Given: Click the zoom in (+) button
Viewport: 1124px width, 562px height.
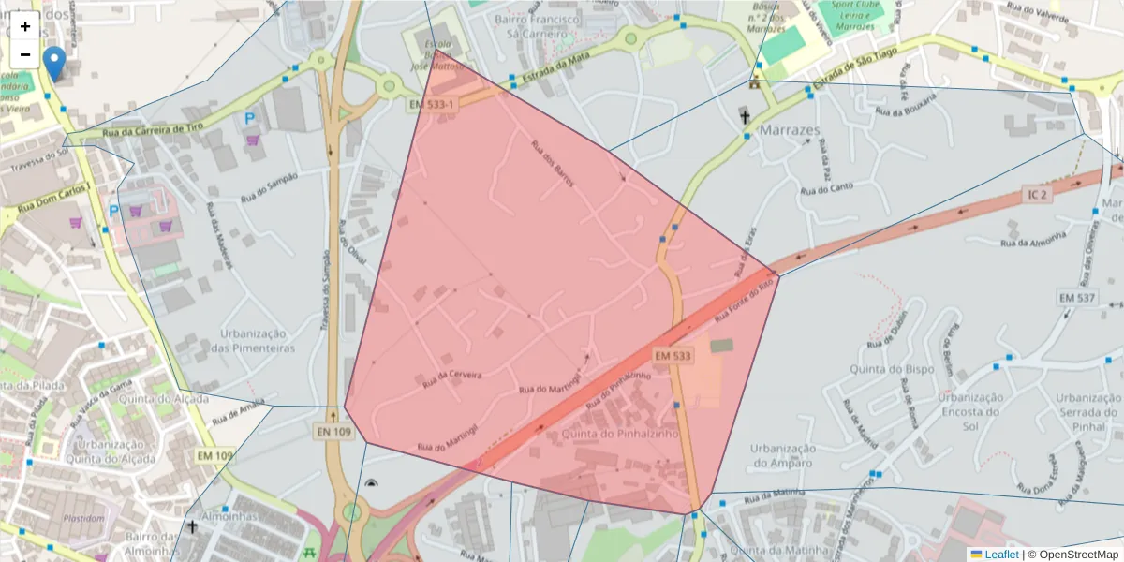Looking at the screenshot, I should (x=25, y=26).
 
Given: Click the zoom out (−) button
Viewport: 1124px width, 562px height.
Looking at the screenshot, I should (x=25, y=54).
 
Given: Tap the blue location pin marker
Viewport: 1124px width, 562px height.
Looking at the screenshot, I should (x=55, y=63).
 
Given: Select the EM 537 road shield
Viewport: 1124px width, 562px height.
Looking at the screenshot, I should (x=1076, y=297).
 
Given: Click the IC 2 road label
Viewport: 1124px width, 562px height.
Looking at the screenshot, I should (x=1037, y=195).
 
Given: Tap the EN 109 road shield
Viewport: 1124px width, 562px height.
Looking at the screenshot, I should (x=333, y=431).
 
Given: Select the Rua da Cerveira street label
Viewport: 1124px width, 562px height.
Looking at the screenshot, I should (x=452, y=377).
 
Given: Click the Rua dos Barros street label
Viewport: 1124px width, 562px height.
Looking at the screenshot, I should (x=552, y=163).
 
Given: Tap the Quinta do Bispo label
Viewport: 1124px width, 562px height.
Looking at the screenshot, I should (x=892, y=369).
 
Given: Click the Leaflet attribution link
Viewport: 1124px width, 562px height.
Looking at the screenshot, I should (x=1001, y=555).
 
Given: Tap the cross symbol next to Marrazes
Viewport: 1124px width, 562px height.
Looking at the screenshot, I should (x=746, y=117).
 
